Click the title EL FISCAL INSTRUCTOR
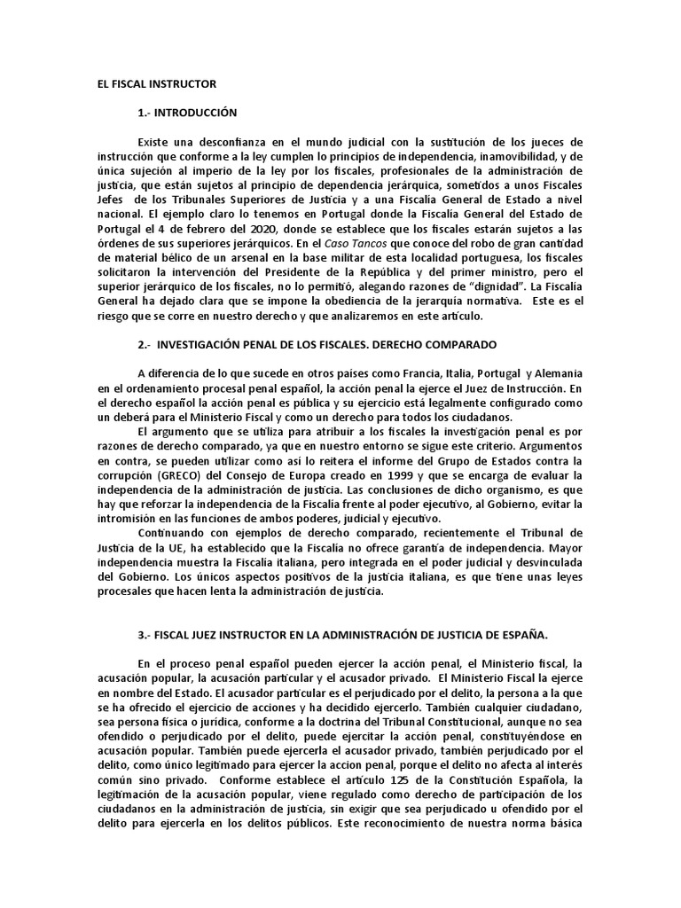(156, 83)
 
